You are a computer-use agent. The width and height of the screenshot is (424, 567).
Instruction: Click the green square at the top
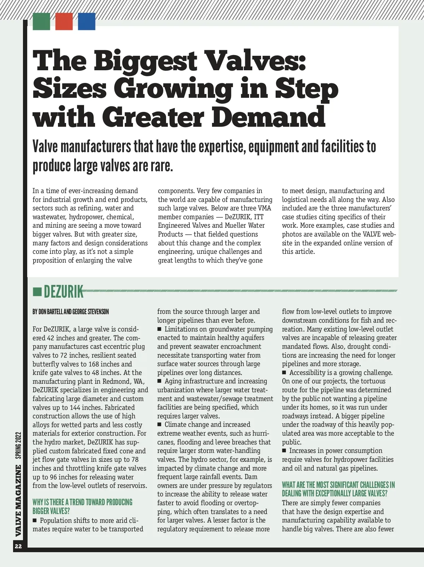41,21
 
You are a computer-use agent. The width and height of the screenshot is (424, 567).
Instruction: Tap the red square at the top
64,21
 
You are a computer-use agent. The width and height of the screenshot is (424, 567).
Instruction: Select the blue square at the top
87,21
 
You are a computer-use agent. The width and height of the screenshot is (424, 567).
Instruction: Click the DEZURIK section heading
64,292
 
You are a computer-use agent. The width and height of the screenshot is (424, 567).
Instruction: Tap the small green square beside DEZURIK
37,292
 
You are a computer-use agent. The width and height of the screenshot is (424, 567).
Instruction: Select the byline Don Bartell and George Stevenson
71,312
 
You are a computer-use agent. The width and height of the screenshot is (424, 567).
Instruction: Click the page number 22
18,547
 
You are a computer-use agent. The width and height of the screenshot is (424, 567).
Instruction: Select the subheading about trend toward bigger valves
82,507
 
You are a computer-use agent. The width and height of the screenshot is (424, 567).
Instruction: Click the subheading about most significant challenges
338,489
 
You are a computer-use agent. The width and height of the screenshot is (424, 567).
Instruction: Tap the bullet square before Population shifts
35,520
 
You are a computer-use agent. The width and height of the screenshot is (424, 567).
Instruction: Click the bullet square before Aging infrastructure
159,381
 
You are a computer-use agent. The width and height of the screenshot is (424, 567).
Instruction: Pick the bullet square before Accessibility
284,373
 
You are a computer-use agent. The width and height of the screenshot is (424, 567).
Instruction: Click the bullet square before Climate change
159,425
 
